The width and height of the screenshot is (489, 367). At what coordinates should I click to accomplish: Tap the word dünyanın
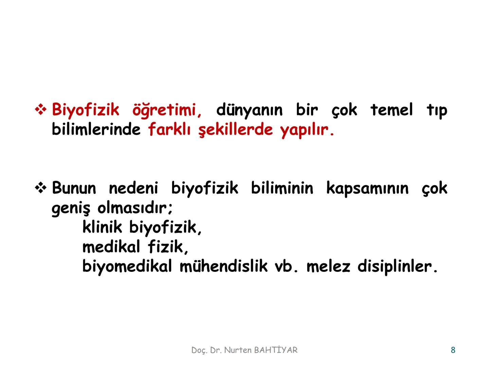pyautogui.click(x=249, y=110)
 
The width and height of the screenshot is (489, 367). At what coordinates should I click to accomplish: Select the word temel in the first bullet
pyautogui.click(x=392, y=110)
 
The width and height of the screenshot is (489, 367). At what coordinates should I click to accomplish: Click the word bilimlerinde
pyautogui.click(x=96, y=129)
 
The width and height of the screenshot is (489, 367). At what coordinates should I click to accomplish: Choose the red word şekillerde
pyautogui.click(x=236, y=130)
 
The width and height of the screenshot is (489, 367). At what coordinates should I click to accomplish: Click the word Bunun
pyautogui.click(x=74, y=188)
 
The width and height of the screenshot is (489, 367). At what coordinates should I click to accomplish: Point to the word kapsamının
pyautogui.click(x=367, y=188)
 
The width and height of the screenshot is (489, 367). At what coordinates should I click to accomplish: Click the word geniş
pyautogui.click(x=71, y=208)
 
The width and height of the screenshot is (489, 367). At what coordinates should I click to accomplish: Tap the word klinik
pyautogui.click(x=102, y=227)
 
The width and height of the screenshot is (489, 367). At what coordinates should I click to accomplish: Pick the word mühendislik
pyautogui.click(x=223, y=266)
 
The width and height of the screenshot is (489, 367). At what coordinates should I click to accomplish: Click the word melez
pyautogui.click(x=328, y=266)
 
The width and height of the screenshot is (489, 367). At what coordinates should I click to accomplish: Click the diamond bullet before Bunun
pyautogui.click(x=41, y=188)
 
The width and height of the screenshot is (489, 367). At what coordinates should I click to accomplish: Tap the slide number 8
pyautogui.click(x=453, y=350)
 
